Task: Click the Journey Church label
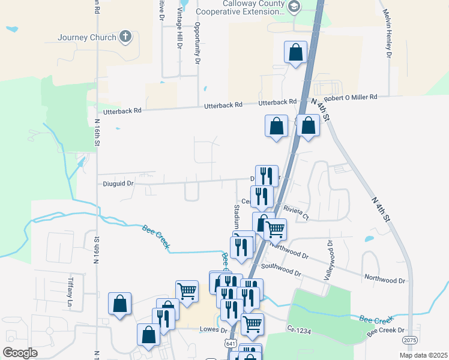[87, 37]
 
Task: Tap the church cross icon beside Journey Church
[125, 37]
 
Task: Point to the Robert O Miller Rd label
[350, 97]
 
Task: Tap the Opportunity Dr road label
[196, 44]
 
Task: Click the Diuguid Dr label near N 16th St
[116, 184]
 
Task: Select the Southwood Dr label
[281, 269]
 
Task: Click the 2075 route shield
[410, 340]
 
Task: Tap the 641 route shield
[231, 343]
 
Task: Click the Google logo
[20, 352]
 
